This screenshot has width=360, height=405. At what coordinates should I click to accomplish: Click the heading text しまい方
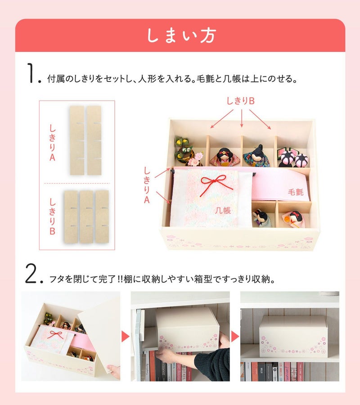pos(181,36)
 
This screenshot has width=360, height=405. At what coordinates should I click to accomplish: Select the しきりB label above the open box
pos(240,101)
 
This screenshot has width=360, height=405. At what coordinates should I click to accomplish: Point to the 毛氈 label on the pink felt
pos(296,192)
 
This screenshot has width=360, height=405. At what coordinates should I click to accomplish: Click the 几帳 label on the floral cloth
pos(223,210)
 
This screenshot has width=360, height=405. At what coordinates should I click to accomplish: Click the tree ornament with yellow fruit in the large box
pos(184,151)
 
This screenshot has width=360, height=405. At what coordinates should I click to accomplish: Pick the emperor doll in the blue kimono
pos(256,156)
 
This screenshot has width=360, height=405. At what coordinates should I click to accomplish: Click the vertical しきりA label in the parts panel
pos(52,143)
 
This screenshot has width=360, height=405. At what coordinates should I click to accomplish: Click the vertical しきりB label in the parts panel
pos(52,216)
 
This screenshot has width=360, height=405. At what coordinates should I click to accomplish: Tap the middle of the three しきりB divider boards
pos(86,217)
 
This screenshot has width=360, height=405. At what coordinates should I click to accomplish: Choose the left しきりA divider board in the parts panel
pos(77,140)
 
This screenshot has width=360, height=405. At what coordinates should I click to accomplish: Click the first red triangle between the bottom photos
pos(125,337)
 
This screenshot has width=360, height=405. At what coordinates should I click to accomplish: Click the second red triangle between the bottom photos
pos(235,337)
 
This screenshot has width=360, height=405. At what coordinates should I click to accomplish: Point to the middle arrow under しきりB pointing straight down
pos(242,118)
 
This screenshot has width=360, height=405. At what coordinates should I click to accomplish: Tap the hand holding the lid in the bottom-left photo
pos(114,371)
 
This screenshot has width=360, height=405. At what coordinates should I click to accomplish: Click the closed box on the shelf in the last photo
pos(293,336)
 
